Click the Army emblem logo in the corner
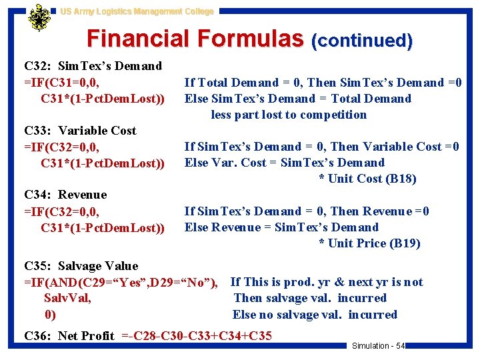tap(39, 18)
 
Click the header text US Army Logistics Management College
tap(137, 11)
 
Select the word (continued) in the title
tap(362, 41)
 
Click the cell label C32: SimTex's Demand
tap(93, 66)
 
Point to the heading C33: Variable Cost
tap(80, 131)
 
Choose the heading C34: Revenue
tap(65, 195)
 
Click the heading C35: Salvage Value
tap(81, 266)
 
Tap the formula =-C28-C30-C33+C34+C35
tap(197, 335)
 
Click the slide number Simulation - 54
tap(378, 345)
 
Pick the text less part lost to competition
tap(289, 115)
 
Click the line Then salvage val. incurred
tap(310, 298)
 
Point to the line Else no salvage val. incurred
tap(315, 315)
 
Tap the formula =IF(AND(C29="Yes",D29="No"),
tap(121, 282)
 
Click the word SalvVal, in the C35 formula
tap(67, 298)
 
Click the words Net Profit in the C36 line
tap(86, 335)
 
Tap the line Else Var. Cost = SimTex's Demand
tap(285, 163)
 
